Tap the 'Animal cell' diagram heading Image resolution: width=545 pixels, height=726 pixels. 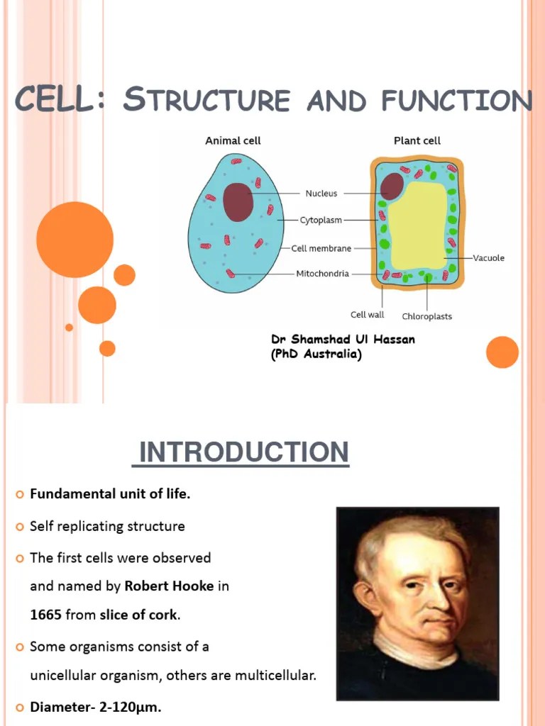[233, 140]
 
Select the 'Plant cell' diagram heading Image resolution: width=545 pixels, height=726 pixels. [417, 140]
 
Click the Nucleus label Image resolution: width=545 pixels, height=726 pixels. [321, 193]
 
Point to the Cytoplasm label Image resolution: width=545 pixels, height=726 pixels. [321, 220]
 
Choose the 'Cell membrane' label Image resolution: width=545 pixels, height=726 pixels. [321, 248]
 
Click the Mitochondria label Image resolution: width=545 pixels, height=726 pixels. [322, 274]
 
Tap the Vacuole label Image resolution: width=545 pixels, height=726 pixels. [489, 258]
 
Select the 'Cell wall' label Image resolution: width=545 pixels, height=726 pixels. [367, 315]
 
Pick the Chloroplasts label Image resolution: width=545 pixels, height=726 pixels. [426, 316]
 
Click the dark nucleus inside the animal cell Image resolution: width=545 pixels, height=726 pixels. [238, 202]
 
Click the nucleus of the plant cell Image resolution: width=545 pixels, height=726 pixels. [391, 186]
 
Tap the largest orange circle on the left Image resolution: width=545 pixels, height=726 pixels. [75, 240]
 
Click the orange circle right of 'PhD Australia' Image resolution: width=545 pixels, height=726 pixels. [502, 352]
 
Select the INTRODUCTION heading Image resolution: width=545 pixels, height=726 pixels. [243, 452]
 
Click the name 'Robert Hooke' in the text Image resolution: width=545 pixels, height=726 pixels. [170, 586]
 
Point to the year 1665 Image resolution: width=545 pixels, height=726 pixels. [45, 615]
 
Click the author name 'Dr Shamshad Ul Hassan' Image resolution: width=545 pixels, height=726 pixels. [343, 340]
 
